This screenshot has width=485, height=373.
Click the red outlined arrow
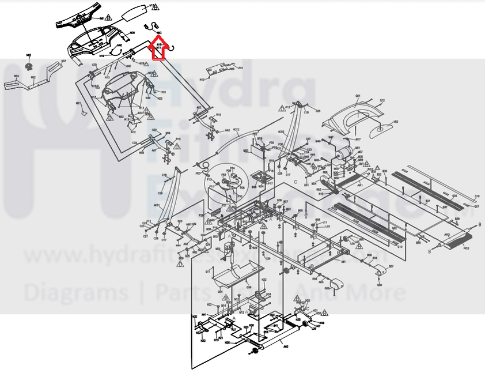click(x=158, y=48)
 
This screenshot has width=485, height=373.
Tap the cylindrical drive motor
click(x=344, y=152)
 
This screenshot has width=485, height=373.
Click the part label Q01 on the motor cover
click(x=357, y=95)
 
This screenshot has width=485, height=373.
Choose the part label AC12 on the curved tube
click(x=236, y=130)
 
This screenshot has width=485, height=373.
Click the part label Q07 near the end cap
click(x=391, y=266)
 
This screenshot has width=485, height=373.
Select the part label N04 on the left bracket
click(x=16, y=76)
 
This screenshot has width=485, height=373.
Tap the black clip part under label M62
click(x=29, y=62)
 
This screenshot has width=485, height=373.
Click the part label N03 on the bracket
click(x=63, y=61)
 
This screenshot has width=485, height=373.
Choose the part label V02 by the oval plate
click(x=396, y=122)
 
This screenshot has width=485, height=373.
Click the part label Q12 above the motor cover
click(x=381, y=101)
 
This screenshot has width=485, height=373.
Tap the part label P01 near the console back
click(x=163, y=92)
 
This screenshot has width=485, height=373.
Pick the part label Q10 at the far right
click(x=476, y=196)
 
